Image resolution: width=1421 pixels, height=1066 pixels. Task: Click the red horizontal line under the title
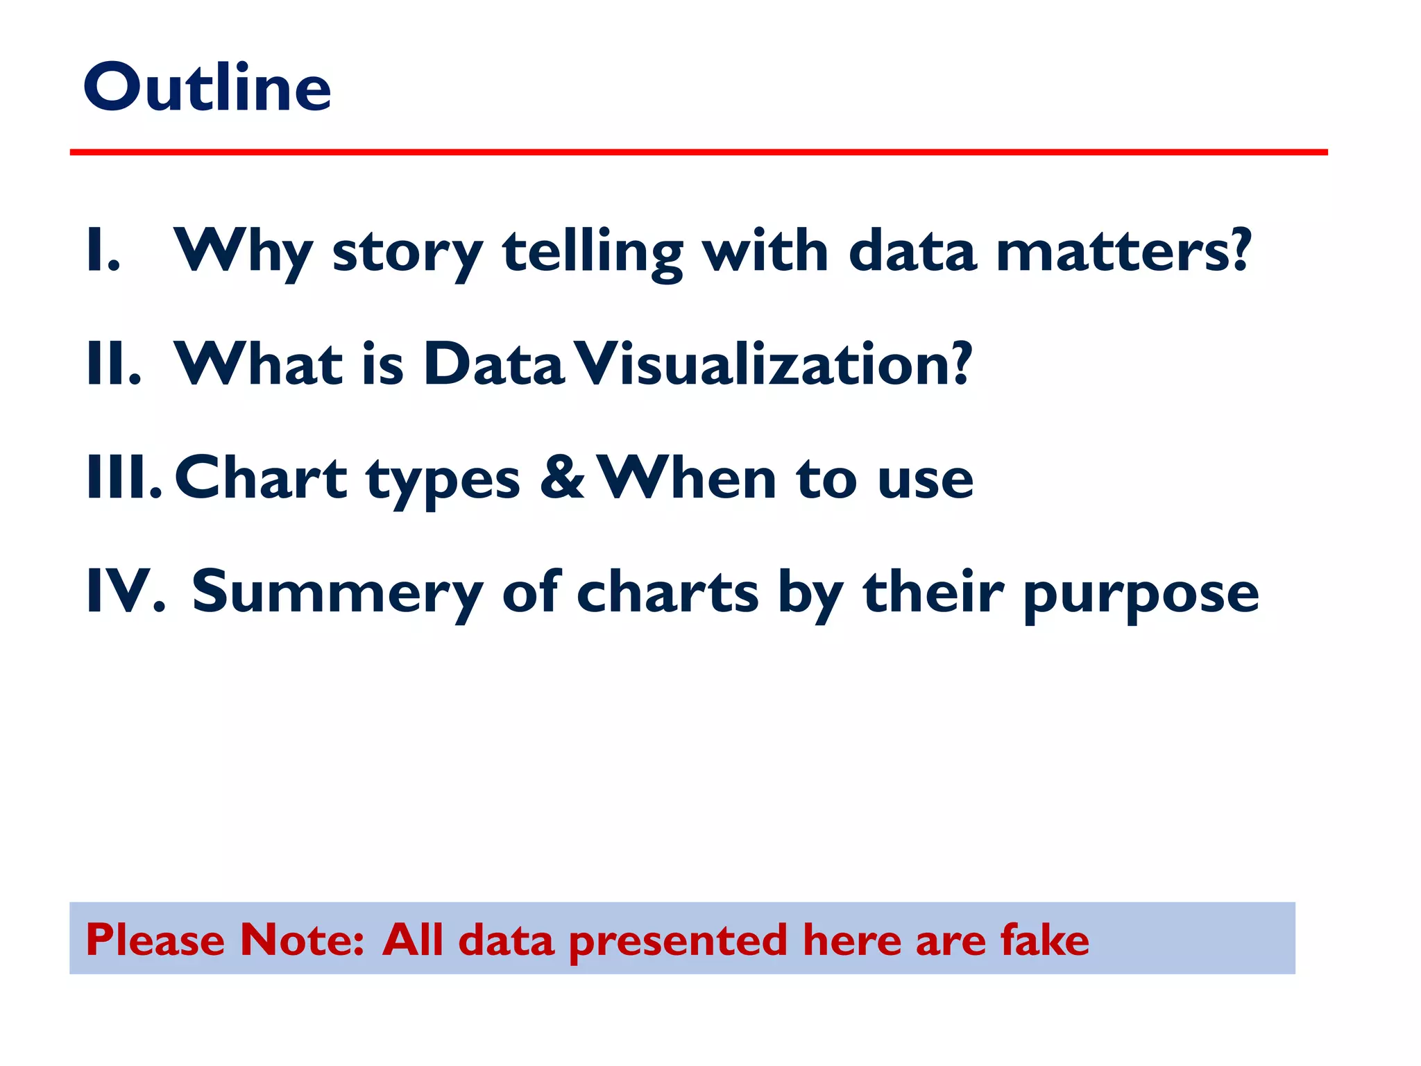[698, 152]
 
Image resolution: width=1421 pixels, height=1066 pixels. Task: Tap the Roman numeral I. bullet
[103, 251]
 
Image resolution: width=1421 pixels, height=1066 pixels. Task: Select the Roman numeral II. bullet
[114, 365]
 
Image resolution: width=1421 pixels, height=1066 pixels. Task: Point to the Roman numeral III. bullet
[124, 479]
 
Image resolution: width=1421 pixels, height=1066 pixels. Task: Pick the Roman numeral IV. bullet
[125, 592]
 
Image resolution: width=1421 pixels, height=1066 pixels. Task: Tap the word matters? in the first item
[1123, 251]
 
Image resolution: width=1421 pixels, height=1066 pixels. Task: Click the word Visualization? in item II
[774, 365]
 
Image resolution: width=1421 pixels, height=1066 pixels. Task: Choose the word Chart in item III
[260, 479]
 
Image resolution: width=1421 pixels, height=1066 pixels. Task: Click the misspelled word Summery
[337, 593]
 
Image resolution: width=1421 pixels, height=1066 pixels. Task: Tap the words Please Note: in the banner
[225, 940]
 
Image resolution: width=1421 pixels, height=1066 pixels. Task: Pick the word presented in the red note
[678, 942]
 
